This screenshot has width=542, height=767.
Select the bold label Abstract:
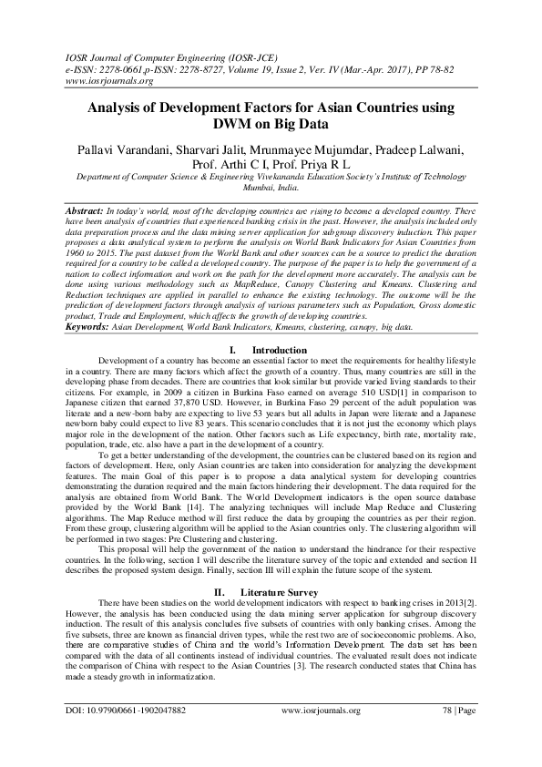coord(88,210)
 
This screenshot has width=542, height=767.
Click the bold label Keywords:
coord(94,325)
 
